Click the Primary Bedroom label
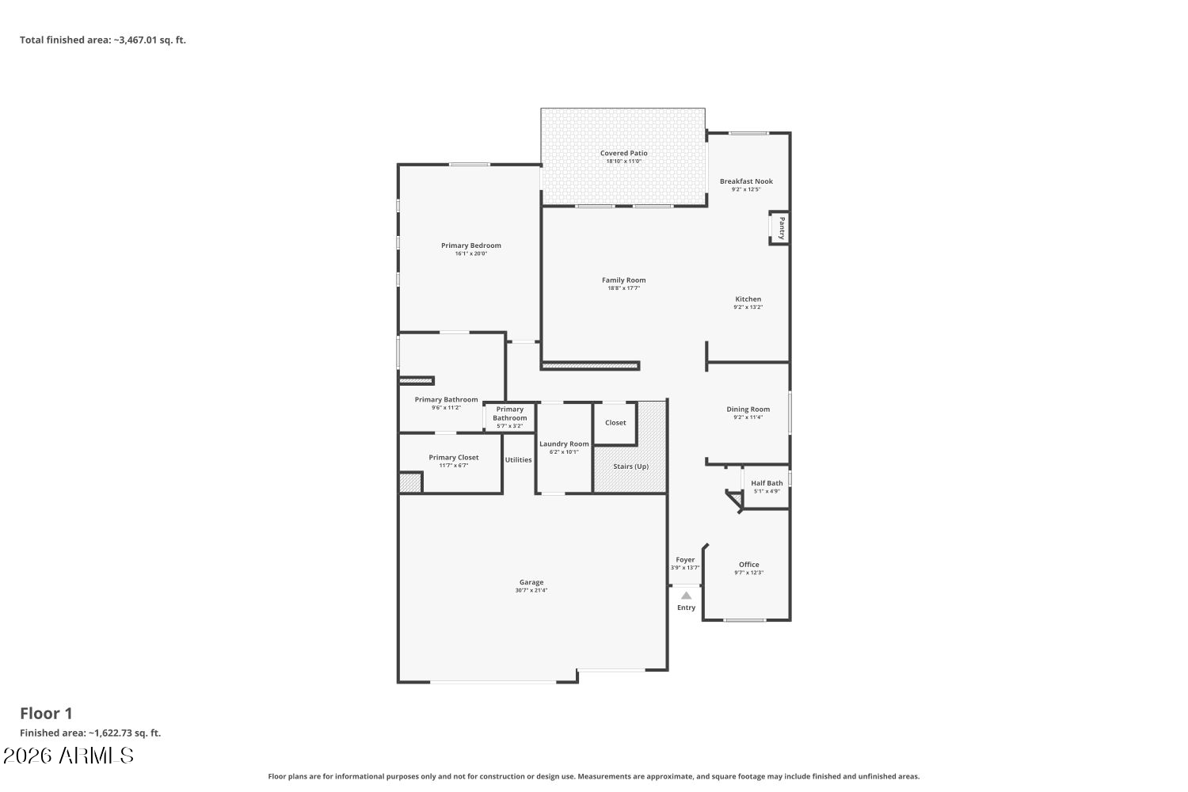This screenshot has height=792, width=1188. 471,246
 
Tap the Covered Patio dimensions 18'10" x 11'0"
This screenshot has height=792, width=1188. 624,162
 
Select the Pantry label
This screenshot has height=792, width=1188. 781,228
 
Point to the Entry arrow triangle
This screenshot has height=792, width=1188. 687,596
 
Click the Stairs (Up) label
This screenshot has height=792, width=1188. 630,466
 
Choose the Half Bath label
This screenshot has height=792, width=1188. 767,483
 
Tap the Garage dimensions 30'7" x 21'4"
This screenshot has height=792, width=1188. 531,590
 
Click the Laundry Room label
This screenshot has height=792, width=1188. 564,444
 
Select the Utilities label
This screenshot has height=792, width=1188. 518,460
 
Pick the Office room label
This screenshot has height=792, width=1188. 749,565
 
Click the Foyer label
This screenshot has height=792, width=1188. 685,560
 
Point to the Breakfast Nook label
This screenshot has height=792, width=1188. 746,181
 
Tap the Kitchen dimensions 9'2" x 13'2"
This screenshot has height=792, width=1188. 748,307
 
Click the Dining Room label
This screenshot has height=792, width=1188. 748,409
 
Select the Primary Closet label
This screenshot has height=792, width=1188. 454,457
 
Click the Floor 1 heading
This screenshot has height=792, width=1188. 46,714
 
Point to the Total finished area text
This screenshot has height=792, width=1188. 103,40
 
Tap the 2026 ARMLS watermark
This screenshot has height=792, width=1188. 68,756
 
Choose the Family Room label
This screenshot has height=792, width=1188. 624,280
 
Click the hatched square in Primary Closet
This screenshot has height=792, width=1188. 410,483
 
